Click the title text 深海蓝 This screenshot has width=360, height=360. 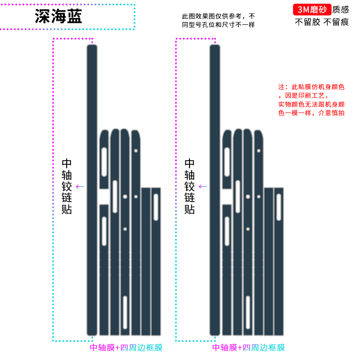coord(58,17)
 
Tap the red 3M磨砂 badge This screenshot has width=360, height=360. coord(312,9)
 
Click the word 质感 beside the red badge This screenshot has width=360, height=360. coord(341,9)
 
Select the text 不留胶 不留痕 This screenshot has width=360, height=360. coord(322,22)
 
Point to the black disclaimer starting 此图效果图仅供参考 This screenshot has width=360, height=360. coord(218,20)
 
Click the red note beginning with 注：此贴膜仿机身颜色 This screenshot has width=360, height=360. coord(311,100)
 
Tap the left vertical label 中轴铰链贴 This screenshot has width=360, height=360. coord(67,186)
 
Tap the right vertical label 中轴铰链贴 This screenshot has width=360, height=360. coord(190,186)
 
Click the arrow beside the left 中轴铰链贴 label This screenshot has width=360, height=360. coord(80,186)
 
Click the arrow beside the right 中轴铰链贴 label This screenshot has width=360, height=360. coord(203,186)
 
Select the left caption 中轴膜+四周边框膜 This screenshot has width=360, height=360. coord(126,347)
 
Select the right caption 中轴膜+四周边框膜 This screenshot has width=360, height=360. coord(249,347)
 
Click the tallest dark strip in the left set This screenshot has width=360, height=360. coord(92,189)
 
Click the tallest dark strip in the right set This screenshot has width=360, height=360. coord(215,189)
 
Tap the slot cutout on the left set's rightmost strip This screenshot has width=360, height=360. coord(156,207)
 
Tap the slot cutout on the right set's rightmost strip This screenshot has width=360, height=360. coord(279,207)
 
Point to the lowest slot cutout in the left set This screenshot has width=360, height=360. coord(125,312)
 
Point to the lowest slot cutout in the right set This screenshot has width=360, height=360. coord(248,312)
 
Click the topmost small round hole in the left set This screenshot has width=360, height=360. coord(136,151)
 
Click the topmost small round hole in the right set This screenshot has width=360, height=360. coord(259,151)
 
